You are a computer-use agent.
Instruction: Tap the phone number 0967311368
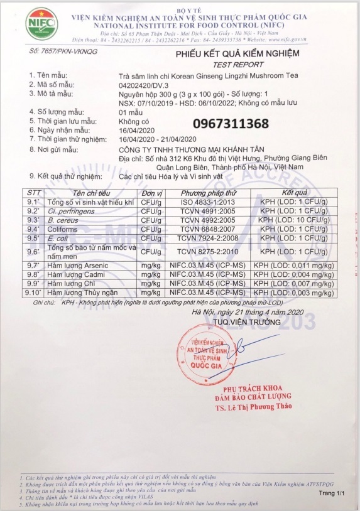click(x=231, y=123)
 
